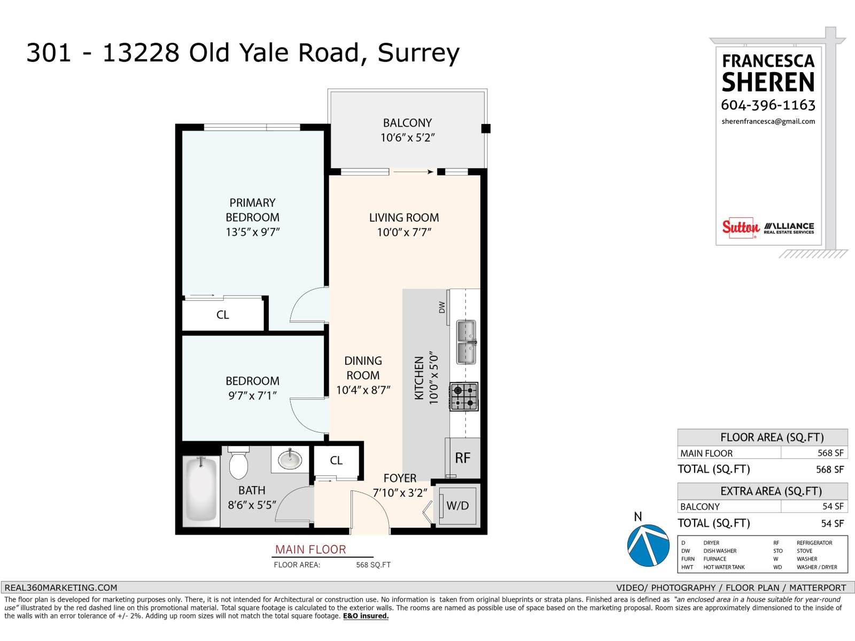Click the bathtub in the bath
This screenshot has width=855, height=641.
201,490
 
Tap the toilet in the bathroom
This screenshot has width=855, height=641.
238,463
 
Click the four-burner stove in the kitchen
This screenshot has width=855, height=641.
464,396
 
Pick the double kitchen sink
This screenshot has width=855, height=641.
466,342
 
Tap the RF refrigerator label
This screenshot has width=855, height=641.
463,458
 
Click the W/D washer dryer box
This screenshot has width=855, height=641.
457,505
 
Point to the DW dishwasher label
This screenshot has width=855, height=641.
442,308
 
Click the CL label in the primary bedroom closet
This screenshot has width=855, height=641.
223,315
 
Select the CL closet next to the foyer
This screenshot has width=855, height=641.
336,460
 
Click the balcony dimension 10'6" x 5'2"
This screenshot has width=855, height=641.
408,138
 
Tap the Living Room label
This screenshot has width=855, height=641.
404,217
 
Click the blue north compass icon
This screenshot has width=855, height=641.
648,545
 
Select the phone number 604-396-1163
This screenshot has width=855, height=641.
768,105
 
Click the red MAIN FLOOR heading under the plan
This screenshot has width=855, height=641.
310,549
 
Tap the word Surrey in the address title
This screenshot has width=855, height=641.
418,53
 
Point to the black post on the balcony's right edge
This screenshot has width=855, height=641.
486,129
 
